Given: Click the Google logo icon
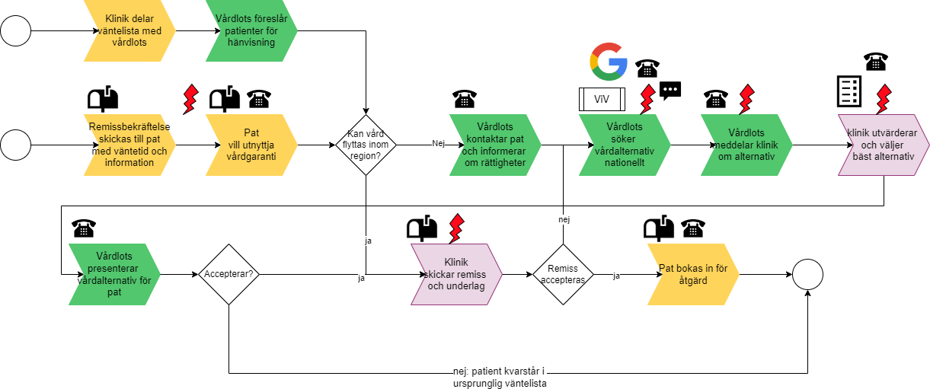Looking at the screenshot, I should tap(609, 62).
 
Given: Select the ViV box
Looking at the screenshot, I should tap(602, 99).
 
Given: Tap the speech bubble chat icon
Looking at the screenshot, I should tap(670, 91).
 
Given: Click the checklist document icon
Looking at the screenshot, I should tap(849, 91).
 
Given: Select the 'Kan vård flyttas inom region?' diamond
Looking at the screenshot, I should tap(366, 145).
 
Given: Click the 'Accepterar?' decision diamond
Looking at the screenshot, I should tap(229, 275).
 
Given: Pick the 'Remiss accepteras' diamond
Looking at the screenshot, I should tap(563, 275).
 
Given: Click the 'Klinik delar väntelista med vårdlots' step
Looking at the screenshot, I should tap(129, 31).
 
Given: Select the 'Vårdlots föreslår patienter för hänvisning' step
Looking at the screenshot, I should tap(251, 31).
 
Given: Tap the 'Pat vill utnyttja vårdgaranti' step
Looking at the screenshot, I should tap(251, 145).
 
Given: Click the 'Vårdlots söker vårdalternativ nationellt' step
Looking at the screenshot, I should tap(625, 145).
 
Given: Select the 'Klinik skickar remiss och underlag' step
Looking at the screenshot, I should tap(456, 275).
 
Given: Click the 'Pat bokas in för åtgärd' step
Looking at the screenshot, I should tap(692, 275).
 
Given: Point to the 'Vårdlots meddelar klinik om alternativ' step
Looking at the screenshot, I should tap(746, 145).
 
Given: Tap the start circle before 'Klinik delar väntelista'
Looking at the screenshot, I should tap(16, 31).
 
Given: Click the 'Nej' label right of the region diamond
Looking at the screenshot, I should tap(438, 143).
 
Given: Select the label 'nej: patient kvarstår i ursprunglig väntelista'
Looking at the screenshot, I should tap(500, 378).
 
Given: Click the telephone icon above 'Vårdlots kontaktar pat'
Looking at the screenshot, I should tap(465, 99).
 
